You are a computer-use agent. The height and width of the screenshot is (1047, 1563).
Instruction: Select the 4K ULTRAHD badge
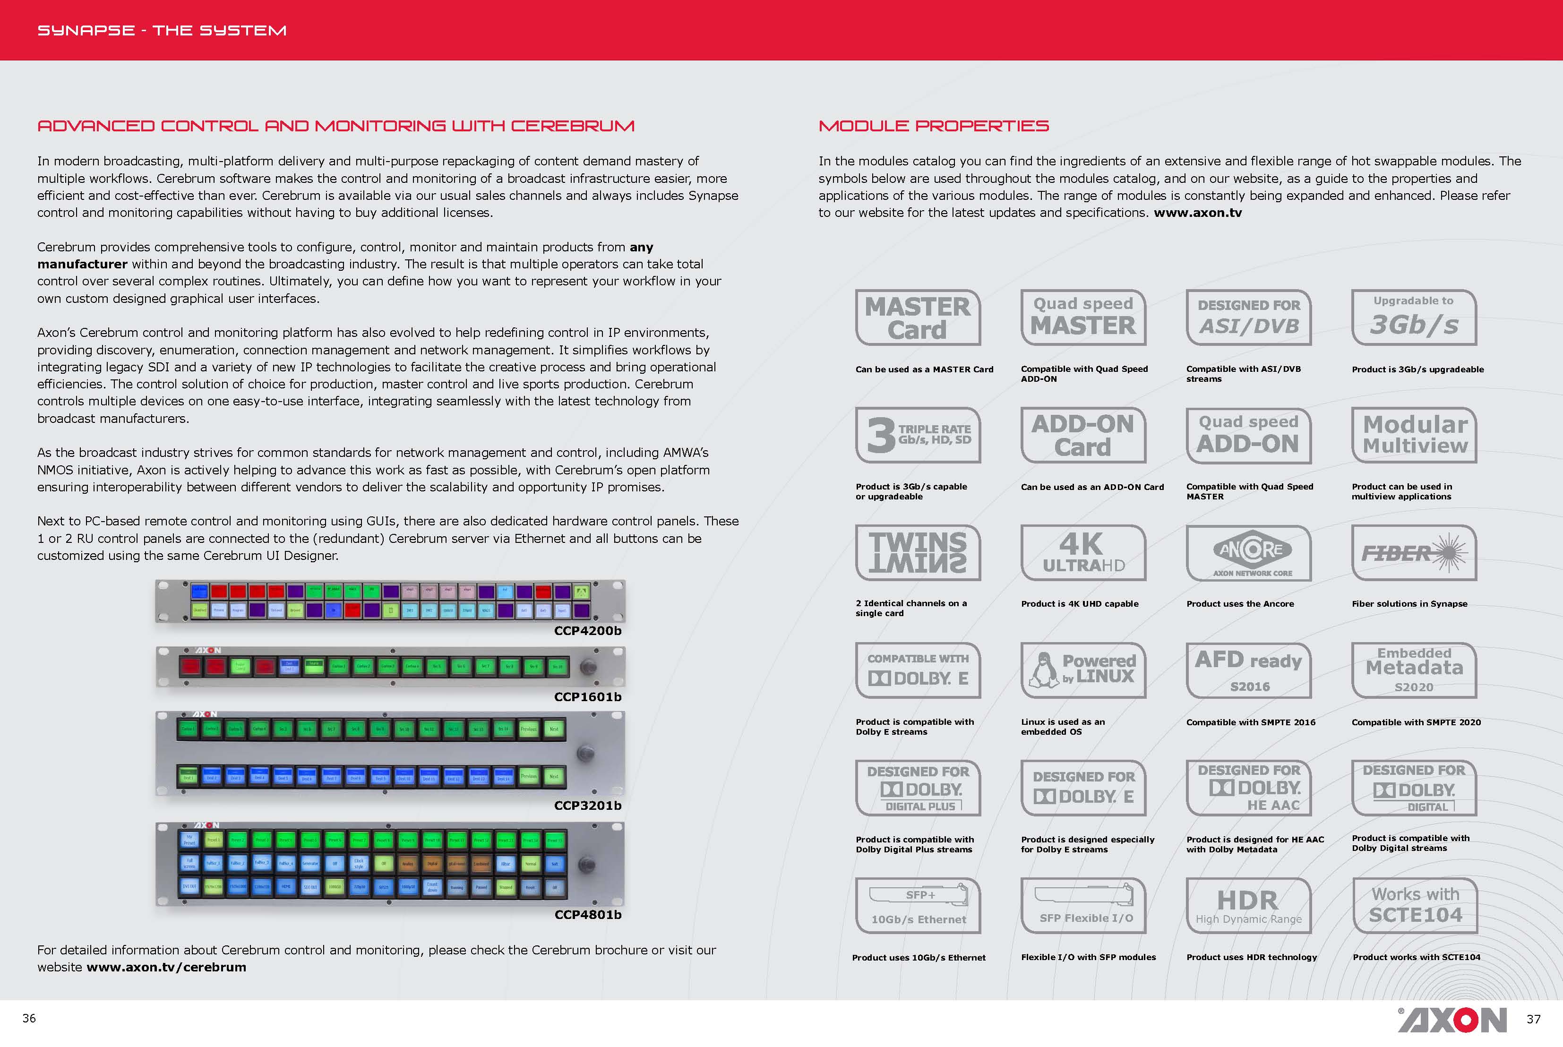(x=1083, y=553)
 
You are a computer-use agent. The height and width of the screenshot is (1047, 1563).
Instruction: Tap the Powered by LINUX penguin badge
(x=1083, y=670)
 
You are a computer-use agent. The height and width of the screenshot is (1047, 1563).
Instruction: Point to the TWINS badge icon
(x=918, y=553)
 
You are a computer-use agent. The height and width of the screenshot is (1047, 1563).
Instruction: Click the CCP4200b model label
(x=588, y=630)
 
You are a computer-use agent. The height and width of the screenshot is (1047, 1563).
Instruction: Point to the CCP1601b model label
(x=588, y=696)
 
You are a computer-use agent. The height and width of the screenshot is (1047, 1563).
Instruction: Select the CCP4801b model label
(x=588, y=914)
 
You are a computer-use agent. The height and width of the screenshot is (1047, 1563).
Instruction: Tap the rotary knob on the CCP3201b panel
(x=585, y=753)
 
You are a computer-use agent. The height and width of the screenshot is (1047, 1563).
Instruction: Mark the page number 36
(x=29, y=1018)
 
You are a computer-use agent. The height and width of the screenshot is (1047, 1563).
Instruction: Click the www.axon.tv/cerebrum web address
(x=166, y=967)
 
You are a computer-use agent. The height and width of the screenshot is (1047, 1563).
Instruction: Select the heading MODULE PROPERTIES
(x=933, y=126)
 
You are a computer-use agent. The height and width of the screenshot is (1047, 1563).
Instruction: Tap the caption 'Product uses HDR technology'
(x=1251, y=957)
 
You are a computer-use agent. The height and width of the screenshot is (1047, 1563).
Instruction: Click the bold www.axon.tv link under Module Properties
(x=1198, y=212)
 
